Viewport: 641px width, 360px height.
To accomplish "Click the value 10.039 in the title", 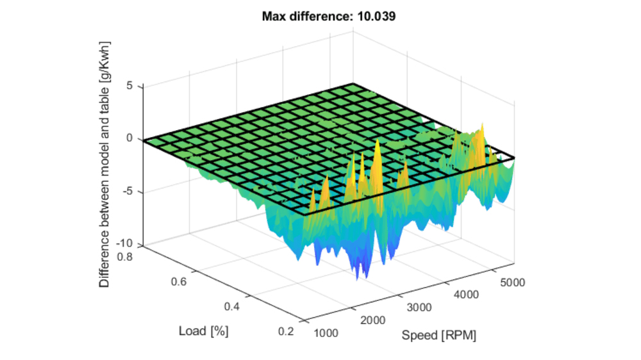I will click(374, 16).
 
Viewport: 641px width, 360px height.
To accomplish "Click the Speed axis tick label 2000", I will click(373, 320).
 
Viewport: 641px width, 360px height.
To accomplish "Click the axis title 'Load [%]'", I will click(204, 331).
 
